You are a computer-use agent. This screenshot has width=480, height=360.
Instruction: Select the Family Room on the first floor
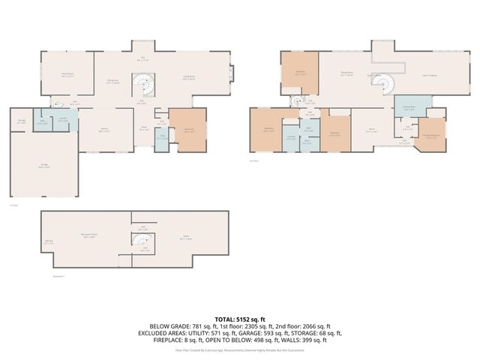click(x=71, y=74)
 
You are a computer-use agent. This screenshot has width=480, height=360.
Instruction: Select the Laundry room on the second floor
click(x=290, y=137)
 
